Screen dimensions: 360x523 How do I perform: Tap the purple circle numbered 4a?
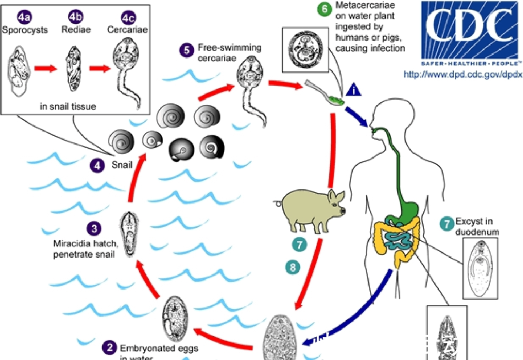click(x=24, y=17)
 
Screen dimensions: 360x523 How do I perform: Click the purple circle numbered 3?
click(x=94, y=227)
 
